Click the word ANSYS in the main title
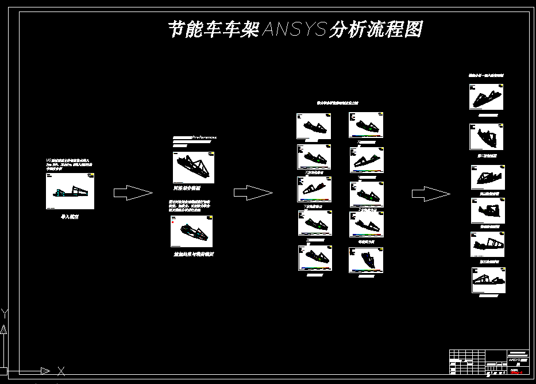[x=294, y=29]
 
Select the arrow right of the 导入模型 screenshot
[x=133, y=193]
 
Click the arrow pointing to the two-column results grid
[x=253, y=193]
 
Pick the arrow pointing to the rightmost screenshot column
[x=431, y=193]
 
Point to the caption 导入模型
[x=70, y=217]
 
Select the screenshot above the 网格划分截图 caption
[x=194, y=167]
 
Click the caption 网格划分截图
[x=187, y=188]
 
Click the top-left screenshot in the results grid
[x=314, y=126]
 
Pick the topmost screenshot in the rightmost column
[x=487, y=98]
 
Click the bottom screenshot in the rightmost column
[x=488, y=281]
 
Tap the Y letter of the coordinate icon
[x=4, y=314]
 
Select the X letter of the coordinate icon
[x=61, y=371]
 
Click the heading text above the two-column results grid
[x=338, y=103]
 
